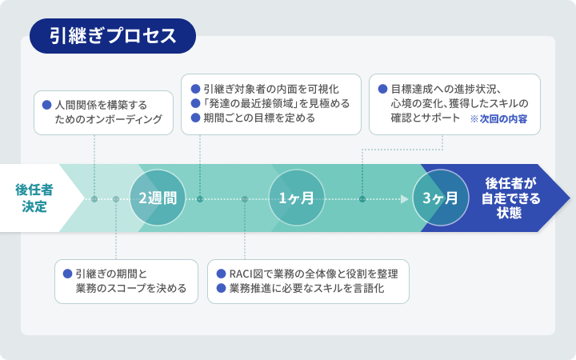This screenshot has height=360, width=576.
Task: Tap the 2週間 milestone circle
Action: tap(158, 198)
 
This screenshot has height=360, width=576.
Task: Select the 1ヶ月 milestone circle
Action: tap(296, 198)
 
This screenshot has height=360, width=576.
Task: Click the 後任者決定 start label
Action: tap(34, 198)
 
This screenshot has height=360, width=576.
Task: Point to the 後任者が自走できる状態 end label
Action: tap(512, 198)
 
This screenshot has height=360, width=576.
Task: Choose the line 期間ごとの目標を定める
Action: tap(258, 118)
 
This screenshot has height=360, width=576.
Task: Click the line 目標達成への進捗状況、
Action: tap(446, 88)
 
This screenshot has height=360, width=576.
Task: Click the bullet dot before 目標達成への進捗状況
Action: tap(382, 88)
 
